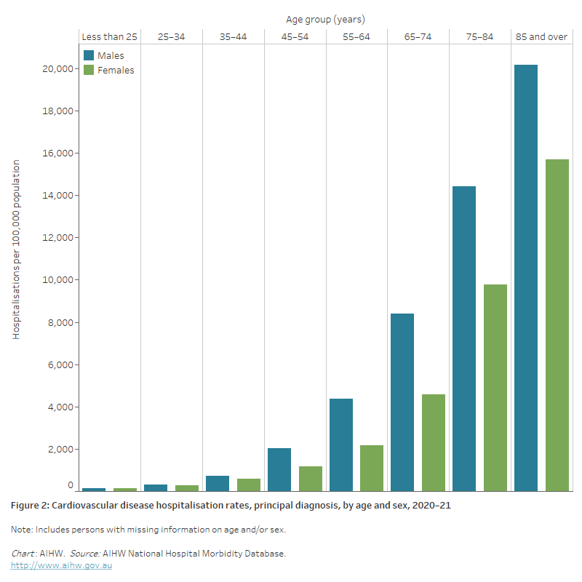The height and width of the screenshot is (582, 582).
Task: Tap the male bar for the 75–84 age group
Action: click(x=464, y=338)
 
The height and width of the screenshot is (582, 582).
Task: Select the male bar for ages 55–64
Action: click(x=340, y=445)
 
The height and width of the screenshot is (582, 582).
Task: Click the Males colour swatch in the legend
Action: click(x=89, y=56)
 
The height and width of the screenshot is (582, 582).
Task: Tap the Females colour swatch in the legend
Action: click(x=89, y=71)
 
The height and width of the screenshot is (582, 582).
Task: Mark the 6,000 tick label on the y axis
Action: click(x=58, y=364)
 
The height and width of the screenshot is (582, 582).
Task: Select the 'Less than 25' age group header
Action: click(x=109, y=37)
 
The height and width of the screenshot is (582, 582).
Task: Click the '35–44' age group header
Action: click(x=233, y=37)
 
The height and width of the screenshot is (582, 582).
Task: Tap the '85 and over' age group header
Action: click(x=541, y=37)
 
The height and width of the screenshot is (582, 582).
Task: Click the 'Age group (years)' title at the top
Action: click(x=326, y=19)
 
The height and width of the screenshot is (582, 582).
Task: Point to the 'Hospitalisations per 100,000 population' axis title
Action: click(x=16, y=250)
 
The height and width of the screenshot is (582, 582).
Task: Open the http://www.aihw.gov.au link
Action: click(x=61, y=565)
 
